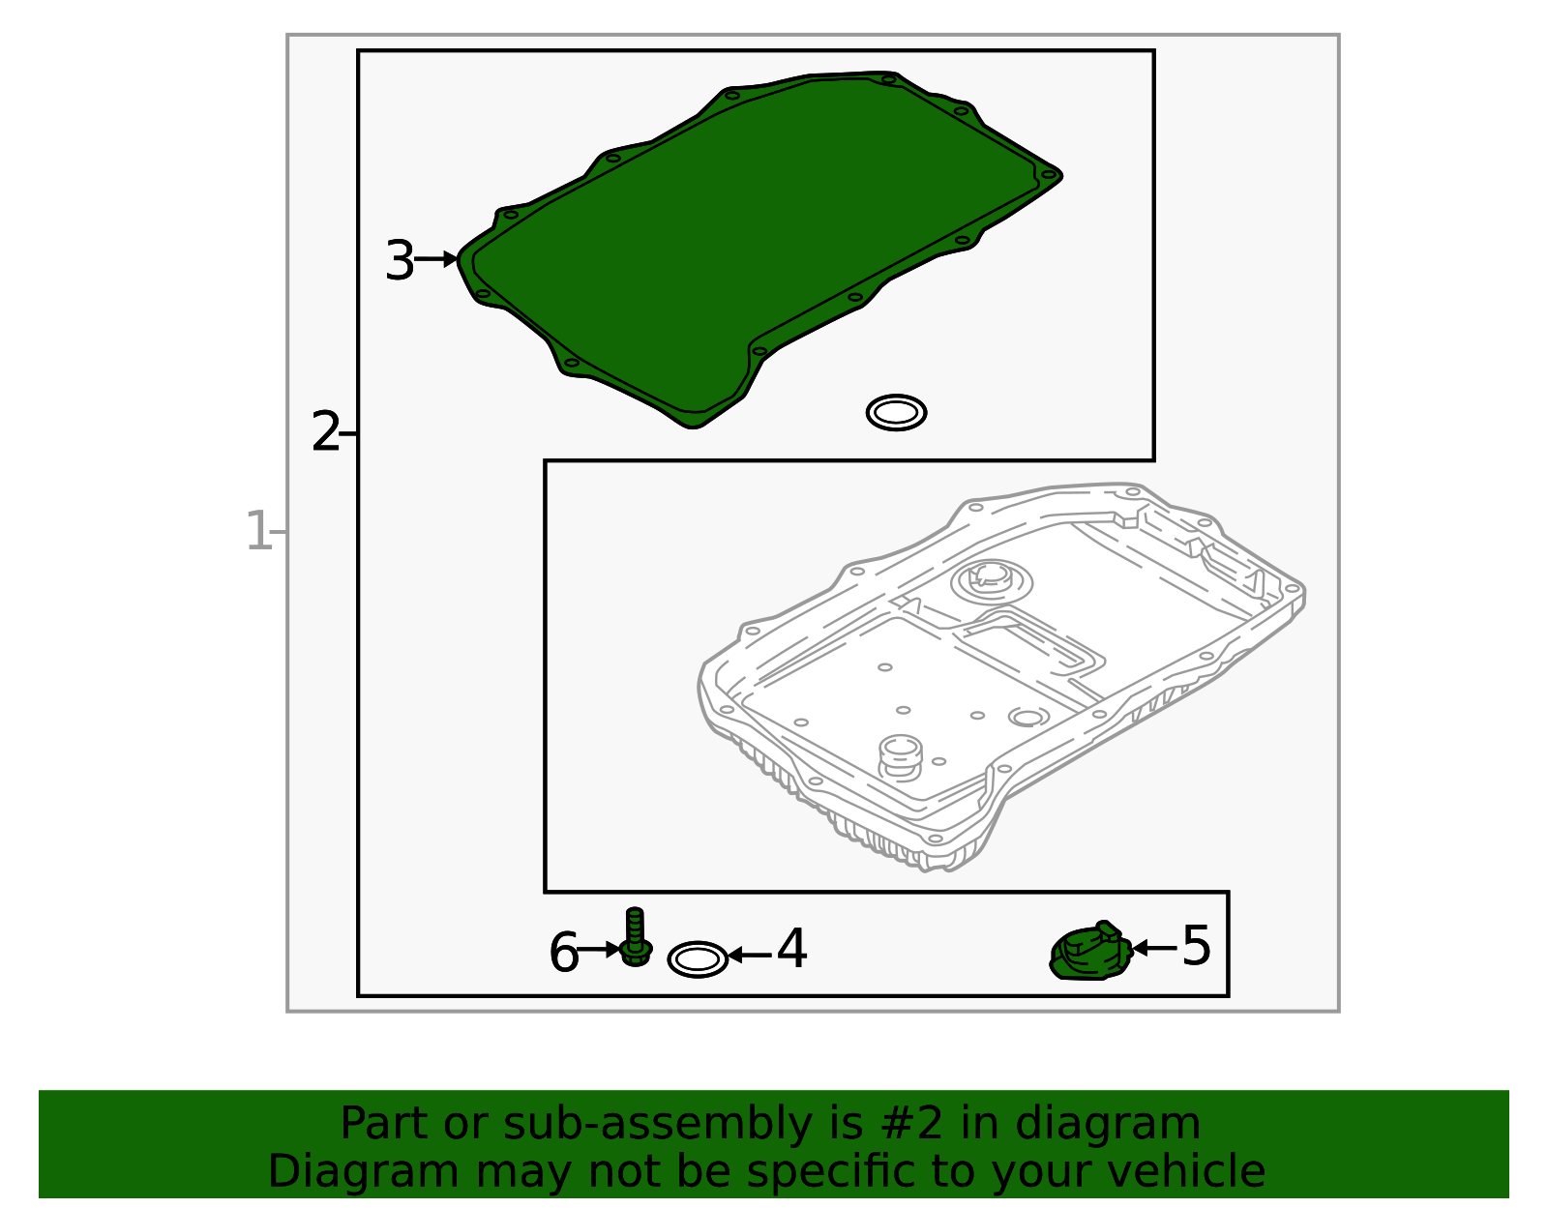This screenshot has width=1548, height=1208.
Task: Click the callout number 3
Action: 399,260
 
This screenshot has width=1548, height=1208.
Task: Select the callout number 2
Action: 325,431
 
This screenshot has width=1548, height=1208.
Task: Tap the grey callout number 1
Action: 257,530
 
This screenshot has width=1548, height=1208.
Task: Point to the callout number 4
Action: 790,949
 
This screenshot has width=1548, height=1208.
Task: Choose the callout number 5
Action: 1196,946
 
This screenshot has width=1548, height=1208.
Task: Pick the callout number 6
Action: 563,954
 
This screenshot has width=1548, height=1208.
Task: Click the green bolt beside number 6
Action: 636,937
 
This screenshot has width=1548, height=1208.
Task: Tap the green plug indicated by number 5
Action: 1090,952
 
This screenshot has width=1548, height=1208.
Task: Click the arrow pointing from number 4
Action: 750,956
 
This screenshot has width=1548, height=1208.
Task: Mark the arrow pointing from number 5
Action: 1155,948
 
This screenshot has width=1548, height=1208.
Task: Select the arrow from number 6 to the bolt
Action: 598,950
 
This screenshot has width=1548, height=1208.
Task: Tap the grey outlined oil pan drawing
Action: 1001,676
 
